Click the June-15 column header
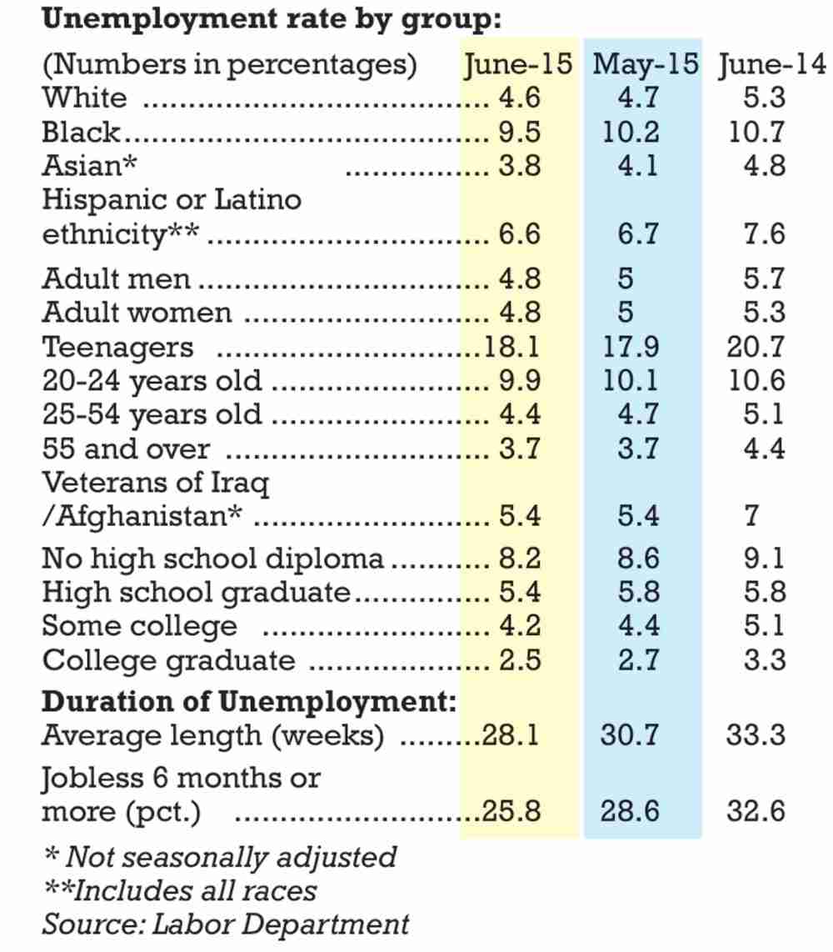point(518,64)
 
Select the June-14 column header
point(771,64)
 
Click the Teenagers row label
point(117,347)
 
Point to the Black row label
point(82,132)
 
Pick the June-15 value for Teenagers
point(513,347)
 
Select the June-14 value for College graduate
point(764,660)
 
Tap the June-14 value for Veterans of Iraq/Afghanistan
point(751,516)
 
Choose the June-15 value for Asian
point(520,166)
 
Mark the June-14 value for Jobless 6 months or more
point(756,810)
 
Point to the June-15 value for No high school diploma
point(520,558)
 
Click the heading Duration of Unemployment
point(249,702)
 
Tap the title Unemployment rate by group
point(272,19)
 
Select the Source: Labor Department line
point(226,924)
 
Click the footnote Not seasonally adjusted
point(220,857)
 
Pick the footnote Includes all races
point(180,890)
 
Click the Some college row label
point(139,625)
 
